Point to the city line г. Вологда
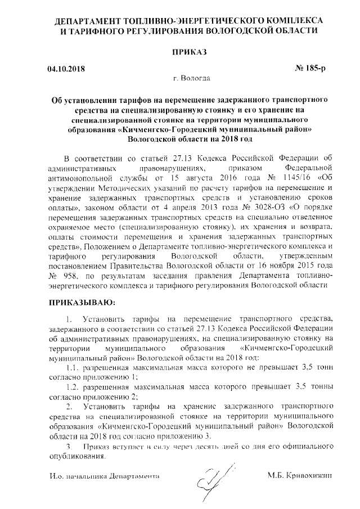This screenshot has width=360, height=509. point(188,78)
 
